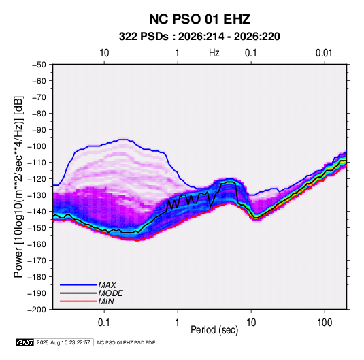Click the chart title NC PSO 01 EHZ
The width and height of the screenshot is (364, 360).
(199, 19)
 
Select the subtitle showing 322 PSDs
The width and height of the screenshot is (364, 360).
(199, 37)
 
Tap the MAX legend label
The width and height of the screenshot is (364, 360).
(107, 284)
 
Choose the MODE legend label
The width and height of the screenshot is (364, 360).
(110, 293)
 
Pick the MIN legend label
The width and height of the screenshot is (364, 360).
(106, 301)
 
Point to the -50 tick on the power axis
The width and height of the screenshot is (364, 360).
(39, 65)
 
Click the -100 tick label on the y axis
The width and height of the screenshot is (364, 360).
(37, 146)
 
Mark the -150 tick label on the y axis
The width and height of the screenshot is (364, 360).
(37, 228)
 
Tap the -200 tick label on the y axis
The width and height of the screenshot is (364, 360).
(37, 310)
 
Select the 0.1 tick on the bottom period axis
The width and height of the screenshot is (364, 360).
(104, 323)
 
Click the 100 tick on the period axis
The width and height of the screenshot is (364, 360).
(325, 323)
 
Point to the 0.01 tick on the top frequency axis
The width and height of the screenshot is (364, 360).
(324, 53)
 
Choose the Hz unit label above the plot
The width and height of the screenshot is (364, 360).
(214, 53)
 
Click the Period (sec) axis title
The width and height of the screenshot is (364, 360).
(214, 330)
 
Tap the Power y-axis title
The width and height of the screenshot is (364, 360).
(18, 187)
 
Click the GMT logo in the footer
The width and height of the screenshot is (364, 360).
(24, 342)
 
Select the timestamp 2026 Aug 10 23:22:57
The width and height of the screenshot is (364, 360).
(63, 342)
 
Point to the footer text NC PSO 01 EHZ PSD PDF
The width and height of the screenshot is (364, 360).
(126, 342)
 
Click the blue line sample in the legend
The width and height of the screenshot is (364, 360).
(78, 285)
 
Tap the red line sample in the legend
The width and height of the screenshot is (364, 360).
(78, 301)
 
